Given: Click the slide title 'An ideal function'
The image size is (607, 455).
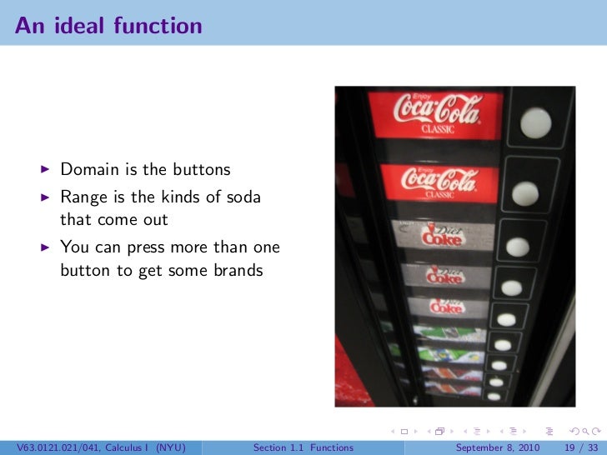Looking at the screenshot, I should pos(108,26).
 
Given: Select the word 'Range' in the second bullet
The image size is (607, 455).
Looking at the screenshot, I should pos(83,197).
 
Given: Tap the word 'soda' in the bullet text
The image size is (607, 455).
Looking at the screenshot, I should pos(241,197).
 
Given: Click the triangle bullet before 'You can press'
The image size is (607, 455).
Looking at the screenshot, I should pos(47,247).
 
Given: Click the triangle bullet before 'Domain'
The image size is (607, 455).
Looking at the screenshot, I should pos(47,170).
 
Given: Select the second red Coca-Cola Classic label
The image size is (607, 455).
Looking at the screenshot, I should pos(439,181).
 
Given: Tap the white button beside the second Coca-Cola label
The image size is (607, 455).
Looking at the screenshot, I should pos(524,192).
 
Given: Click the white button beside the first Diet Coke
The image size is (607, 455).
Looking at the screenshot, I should pos(519,246).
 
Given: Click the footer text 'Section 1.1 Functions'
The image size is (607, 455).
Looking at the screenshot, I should pos(303,447).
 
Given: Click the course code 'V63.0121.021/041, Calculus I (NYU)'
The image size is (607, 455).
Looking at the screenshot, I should pos(99,447).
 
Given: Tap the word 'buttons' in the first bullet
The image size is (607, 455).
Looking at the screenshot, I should pos(201,170).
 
